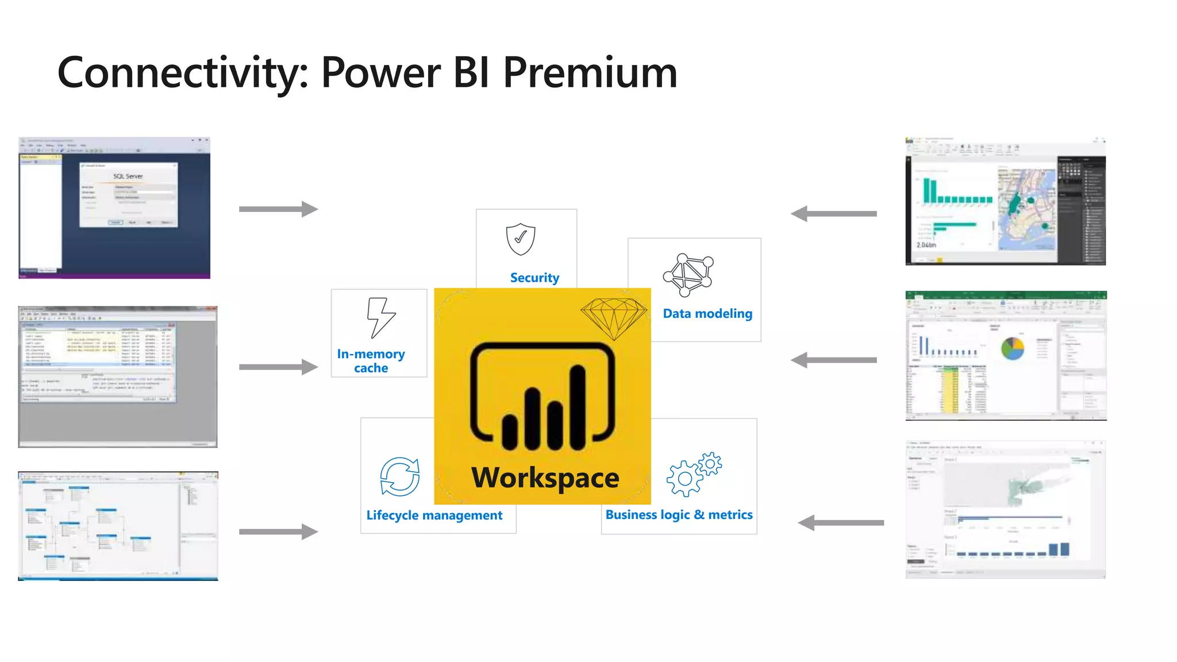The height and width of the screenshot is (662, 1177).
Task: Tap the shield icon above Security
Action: point(521,239)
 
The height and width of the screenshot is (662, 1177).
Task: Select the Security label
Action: point(534,278)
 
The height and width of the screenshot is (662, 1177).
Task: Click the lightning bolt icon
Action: point(380,317)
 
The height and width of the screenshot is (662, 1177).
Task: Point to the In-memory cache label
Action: point(371,361)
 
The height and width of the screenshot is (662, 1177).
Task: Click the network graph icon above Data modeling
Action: point(688,275)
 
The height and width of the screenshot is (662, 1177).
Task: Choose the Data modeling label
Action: point(707,314)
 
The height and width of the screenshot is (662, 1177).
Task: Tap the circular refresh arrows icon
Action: point(400,476)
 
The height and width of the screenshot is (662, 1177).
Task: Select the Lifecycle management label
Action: point(434,515)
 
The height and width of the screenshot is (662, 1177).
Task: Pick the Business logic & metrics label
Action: point(679,515)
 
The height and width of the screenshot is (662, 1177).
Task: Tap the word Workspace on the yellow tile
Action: point(545,478)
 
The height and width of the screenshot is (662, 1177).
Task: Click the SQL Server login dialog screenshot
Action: point(128,195)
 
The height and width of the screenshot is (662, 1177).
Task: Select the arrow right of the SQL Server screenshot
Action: point(279,209)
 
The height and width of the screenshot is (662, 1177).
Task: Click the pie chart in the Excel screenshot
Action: point(1013,348)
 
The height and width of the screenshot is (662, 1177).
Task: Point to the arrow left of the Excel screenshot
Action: point(834,360)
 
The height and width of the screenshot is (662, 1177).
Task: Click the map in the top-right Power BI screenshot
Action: point(1027,209)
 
